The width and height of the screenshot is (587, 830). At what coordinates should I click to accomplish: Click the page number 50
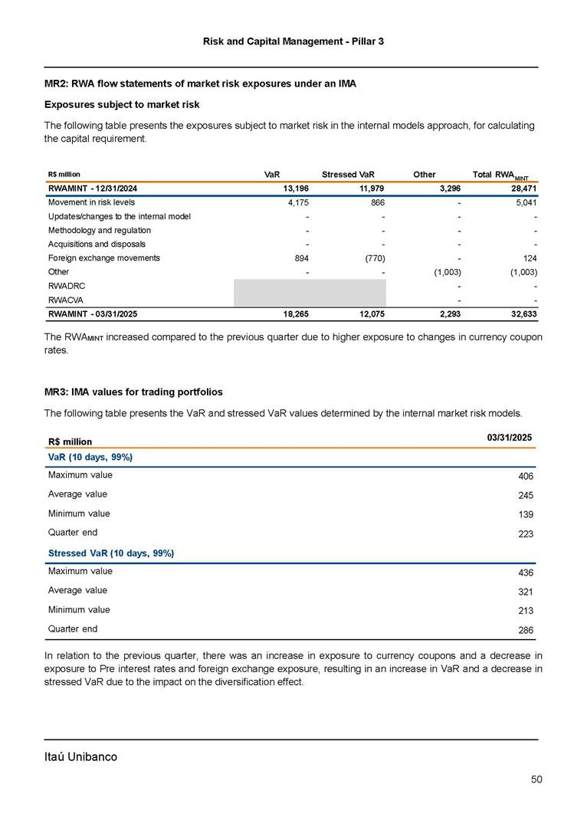[536, 779]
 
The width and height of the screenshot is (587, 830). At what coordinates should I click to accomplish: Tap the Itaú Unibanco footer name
[80, 756]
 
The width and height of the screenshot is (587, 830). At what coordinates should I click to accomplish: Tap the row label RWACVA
[67, 300]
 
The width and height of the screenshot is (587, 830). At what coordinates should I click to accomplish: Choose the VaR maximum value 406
[524, 477]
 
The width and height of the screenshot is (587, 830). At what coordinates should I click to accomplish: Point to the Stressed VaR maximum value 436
[524, 572]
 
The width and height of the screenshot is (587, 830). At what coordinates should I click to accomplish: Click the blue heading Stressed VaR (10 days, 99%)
[111, 553]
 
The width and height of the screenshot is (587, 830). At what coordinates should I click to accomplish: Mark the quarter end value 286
[524, 630]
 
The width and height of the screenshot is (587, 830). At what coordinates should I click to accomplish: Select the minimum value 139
[524, 515]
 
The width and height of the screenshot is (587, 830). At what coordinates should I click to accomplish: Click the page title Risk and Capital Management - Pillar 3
[293, 41]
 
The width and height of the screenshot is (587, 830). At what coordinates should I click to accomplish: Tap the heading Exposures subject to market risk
[122, 104]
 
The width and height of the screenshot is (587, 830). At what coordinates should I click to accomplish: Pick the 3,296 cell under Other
[448, 189]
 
